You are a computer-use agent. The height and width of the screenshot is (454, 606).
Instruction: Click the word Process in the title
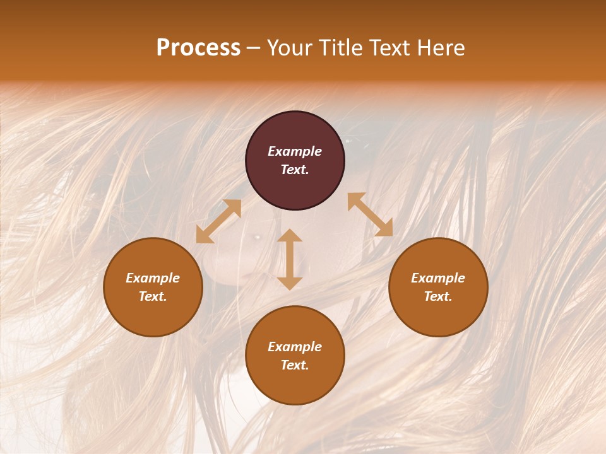pyautogui.click(x=198, y=48)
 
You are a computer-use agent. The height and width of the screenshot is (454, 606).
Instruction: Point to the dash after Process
pyautogui.click(x=254, y=49)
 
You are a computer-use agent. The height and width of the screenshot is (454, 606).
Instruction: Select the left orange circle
pyautogui.click(x=153, y=287)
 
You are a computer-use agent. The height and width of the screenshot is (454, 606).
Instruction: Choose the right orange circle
pyautogui.click(x=438, y=287)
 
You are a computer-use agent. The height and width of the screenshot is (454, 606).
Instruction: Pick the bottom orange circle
pyautogui.click(x=295, y=356)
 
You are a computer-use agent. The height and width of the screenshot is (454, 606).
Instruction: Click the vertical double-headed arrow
pyautogui.click(x=290, y=259)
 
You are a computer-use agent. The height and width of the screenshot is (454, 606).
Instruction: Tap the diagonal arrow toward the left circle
pyautogui.click(x=218, y=221)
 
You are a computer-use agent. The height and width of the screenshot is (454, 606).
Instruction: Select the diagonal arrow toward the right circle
pyautogui.click(x=370, y=214)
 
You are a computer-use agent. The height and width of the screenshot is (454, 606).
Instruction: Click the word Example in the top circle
pyautogui.click(x=295, y=151)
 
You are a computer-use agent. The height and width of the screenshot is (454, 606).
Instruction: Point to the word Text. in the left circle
pyautogui.click(x=153, y=296)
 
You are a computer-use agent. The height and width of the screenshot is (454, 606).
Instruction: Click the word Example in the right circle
pyautogui.click(x=438, y=278)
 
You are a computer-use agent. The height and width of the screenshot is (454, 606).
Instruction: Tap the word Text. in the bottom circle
pyautogui.click(x=295, y=365)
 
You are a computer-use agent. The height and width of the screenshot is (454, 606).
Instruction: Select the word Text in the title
pyautogui.click(x=388, y=48)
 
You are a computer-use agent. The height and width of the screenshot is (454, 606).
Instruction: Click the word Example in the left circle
pyautogui.click(x=153, y=278)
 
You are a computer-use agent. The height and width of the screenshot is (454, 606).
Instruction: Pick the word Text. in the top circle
pyautogui.click(x=295, y=170)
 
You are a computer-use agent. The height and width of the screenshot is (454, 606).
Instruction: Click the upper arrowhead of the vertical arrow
pyautogui.click(x=290, y=235)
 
